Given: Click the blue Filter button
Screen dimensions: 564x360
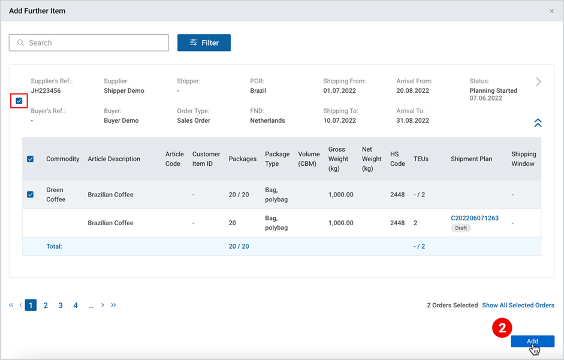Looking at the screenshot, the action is (x=204, y=43).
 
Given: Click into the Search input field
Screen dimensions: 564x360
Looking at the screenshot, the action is (x=89, y=43).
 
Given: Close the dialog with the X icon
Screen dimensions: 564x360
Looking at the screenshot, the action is (x=552, y=11).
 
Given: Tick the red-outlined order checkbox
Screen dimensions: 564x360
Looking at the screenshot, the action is (x=19, y=101).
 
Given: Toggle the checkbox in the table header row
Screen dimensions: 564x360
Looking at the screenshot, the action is (x=30, y=159).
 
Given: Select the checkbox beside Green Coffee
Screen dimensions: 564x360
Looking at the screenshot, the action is (x=30, y=195).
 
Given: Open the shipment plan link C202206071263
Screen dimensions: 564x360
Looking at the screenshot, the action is (x=475, y=218).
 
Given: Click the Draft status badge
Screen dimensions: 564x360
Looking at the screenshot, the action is (x=461, y=228).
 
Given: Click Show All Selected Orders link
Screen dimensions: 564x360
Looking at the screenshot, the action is (x=518, y=305).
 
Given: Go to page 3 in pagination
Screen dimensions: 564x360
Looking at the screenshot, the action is (x=61, y=305).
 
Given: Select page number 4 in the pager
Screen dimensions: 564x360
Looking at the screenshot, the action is (x=76, y=305).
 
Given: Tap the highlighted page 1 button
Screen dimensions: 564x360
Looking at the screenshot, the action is (x=31, y=305).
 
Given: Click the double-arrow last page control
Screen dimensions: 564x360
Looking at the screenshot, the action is (x=113, y=305).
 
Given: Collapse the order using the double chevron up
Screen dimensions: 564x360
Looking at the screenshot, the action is (x=538, y=123).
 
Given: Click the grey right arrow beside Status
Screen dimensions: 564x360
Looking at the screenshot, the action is (x=538, y=81).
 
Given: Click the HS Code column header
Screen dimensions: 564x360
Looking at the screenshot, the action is (x=397, y=159).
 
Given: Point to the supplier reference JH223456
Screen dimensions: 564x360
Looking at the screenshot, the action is (x=46, y=90).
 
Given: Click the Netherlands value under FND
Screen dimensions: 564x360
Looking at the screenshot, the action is (x=267, y=120).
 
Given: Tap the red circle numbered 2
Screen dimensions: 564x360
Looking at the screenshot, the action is (x=502, y=328).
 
